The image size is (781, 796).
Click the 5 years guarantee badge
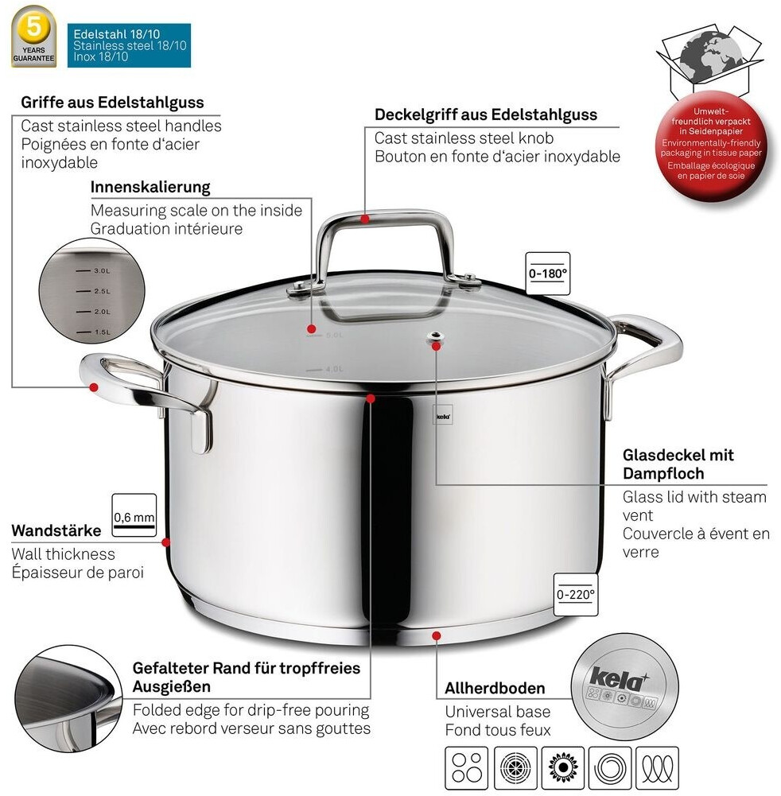(33, 37)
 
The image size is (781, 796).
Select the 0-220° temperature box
(576, 592)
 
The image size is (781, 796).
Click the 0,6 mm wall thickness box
(134, 516)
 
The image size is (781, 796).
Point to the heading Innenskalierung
(150, 187)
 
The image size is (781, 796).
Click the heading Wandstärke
(56, 530)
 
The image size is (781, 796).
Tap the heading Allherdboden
(495, 688)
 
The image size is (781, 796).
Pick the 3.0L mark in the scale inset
(101, 271)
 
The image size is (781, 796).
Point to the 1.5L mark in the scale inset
(101, 332)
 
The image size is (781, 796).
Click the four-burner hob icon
(463, 767)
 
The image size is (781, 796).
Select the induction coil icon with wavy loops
(657, 767)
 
